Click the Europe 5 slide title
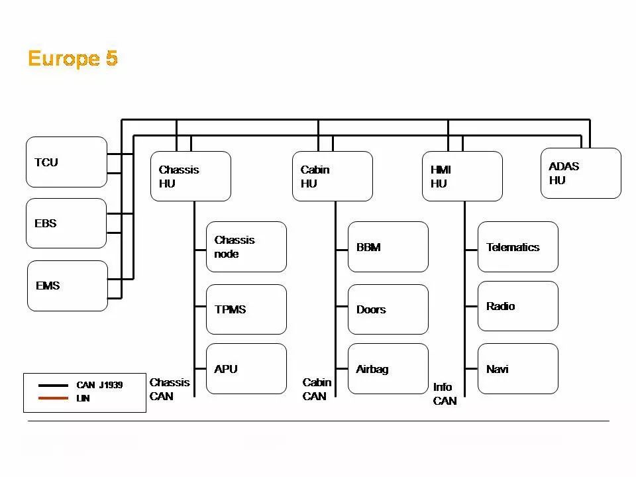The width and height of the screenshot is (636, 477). click(73, 58)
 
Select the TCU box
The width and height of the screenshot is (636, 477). click(66, 162)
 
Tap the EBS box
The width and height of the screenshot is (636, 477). click(66, 223)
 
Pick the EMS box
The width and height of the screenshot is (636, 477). click(67, 286)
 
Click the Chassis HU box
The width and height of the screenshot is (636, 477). click(191, 176)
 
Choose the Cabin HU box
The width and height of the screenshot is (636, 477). click(333, 176)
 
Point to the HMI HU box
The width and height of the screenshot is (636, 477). click(462, 176)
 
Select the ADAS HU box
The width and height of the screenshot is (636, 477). click(581, 173)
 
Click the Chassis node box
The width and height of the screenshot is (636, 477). click(246, 246)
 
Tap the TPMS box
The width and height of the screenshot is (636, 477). click(246, 309)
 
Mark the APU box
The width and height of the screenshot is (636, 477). click(246, 368)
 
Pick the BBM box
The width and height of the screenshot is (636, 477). click(388, 246)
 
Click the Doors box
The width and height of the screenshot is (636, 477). click(388, 309)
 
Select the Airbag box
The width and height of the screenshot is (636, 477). click(388, 368)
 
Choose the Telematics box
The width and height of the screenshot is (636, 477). click(518, 246)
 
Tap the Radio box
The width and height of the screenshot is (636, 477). click(518, 306)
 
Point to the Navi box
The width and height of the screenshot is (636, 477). click(518, 368)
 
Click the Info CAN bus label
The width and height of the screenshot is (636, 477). click(445, 394)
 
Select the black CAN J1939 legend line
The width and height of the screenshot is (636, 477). click(53, 385)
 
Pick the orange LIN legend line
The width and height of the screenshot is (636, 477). click(53, 398)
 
